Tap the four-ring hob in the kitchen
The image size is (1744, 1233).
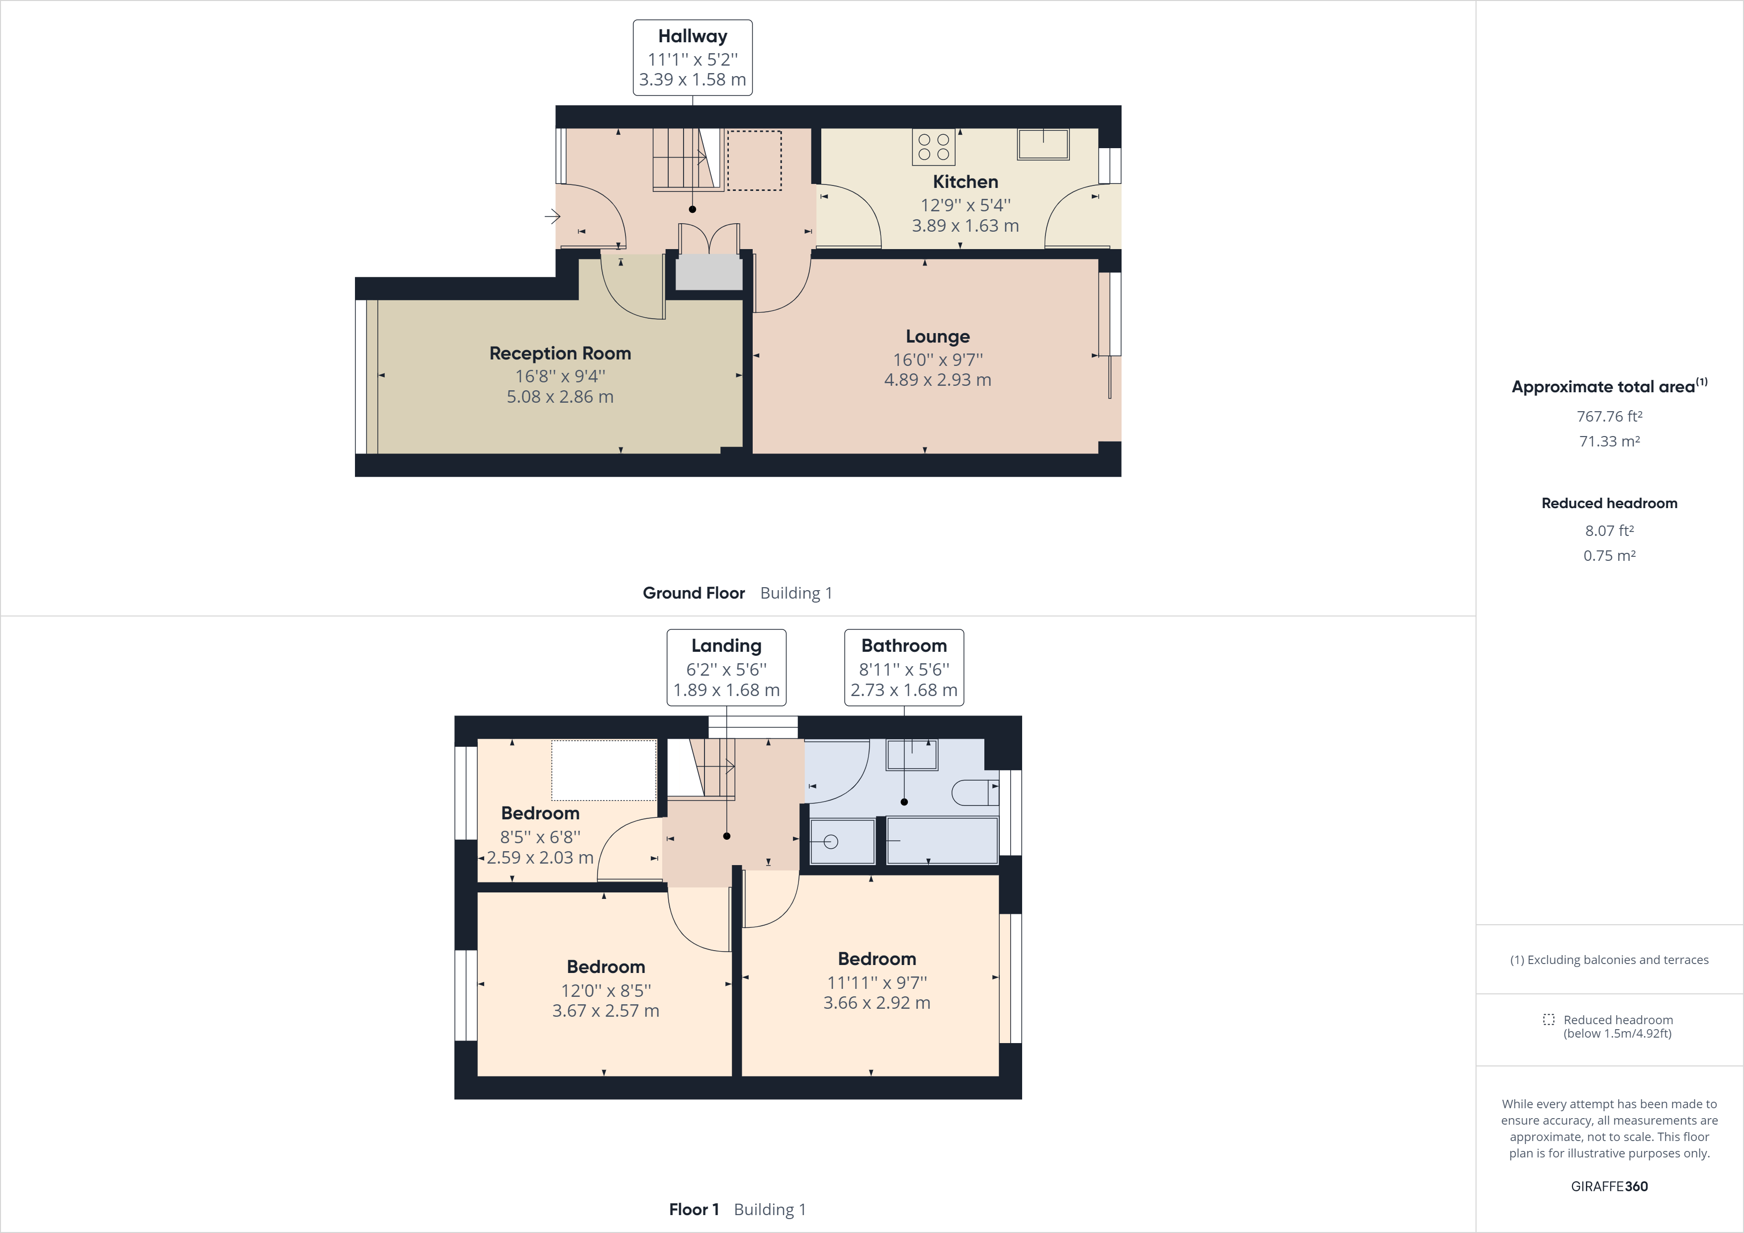(x=934, y=147)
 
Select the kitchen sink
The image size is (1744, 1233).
(x=1043, y=144)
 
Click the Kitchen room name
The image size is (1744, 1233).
(x=964, y=181)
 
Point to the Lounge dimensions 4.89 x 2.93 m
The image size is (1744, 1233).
(x=937, y=380)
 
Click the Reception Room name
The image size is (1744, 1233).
(x=560, y=353)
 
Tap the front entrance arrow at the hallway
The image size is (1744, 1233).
(x=552, y=216)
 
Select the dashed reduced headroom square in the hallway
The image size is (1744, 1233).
(x=754, y=160)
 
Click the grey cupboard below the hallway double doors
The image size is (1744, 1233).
(x=709, y=272)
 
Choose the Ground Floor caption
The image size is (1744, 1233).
(x=694, y=593)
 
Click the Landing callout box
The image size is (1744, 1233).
(x=726, y=667)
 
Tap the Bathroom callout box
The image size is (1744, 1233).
(x=904, y=667)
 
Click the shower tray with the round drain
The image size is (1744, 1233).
(x=842, y=841)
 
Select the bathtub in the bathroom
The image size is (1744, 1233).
(x=942, y=840)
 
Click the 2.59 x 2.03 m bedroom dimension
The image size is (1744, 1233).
(x=540, y=858)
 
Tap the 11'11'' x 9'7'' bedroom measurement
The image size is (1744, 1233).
(x=876, y=982)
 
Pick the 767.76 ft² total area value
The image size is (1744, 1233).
(x=1609, y=416)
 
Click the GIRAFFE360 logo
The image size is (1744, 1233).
(x=1609, y=1186)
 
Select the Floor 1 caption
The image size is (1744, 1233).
(x=694, y=1209)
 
